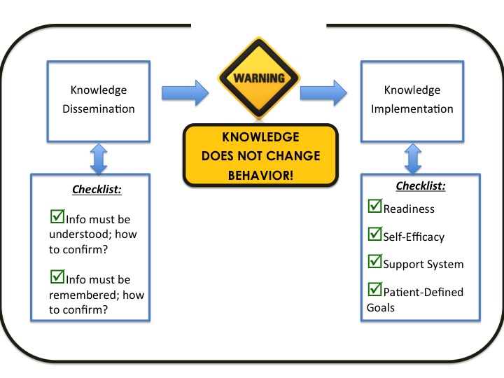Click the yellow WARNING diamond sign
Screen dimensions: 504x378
pos(259,78)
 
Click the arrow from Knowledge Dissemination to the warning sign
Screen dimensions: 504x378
pos(185,92)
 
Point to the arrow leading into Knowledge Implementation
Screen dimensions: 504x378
pos(323,92)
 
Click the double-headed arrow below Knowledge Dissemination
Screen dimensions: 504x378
pos(99,159)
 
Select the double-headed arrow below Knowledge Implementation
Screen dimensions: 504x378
pos(413,159)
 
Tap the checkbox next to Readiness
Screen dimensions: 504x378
pos(374,206)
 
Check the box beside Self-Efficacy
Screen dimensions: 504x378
pos(374,234)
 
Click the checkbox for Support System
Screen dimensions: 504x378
pos(374,261)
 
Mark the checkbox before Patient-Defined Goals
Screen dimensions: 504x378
pos(374,289)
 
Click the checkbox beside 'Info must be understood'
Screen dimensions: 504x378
pos(57,216)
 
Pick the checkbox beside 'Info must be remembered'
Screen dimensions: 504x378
pos(57,276)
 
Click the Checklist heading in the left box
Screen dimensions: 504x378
pos(97,189)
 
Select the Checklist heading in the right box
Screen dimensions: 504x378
pos(421,185)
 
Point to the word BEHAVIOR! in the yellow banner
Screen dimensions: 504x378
pos(260,176)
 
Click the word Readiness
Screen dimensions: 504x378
pos(409,209)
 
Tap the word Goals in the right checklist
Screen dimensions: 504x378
pos(381,307)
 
